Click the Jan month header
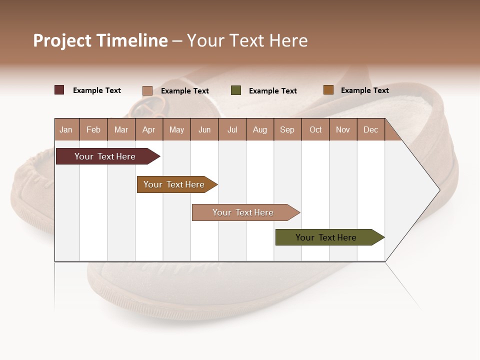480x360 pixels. pyautogui.click(x=66, y=129)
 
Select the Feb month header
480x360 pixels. pyautogui.click(x=93, y=129)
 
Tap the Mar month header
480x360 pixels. pyautogui.click(x=121, y=129)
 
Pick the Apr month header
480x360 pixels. pyautogui.click(x=149, y=129)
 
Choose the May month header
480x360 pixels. pyautogui.click(x=176, y=129)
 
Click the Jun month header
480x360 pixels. pyautogui.click(x=204, y=129)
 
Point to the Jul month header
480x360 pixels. pyautogui.click(x=232, y=129)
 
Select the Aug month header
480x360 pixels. pyautogui.click(x=260, y=129)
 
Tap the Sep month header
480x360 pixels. pyautogui.click(x=287, y=129)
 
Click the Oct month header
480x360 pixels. pyautogui.click(x=315, y=129)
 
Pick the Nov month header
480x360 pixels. pyautogui.click(x=343, y=129)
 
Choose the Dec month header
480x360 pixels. pyautogui.click(x=371, y=129)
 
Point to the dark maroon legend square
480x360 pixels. pyautogui.click(x=59, y=90)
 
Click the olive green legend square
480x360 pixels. pyautogui.click(x=236, y=90)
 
